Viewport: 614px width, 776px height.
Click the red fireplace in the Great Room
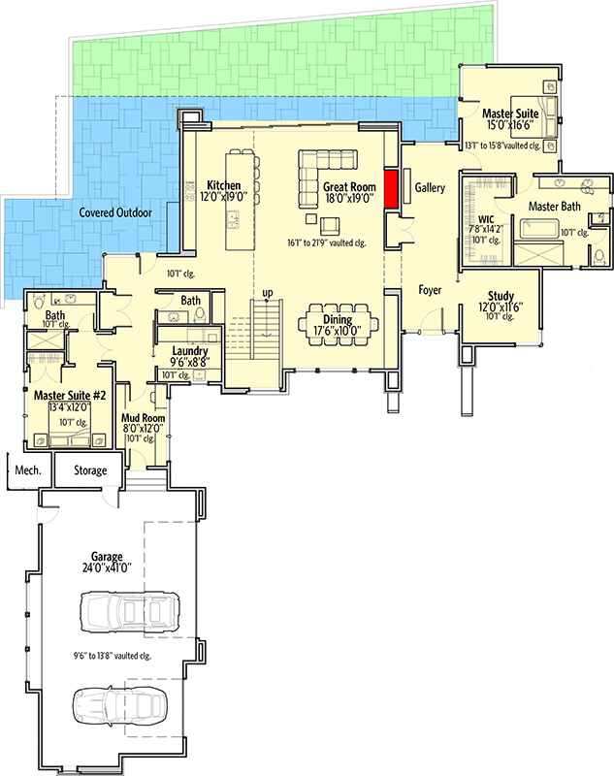(x=393, y=188)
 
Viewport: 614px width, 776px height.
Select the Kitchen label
(x=224, y=185)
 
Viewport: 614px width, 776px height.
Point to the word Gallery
(x=430, y=187)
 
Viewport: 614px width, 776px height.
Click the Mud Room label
(x=143, y=418)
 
